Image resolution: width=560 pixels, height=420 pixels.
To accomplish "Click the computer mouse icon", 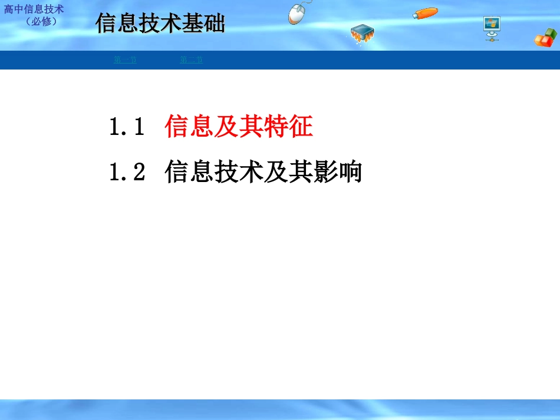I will pyautogui.click(x=299, y=13).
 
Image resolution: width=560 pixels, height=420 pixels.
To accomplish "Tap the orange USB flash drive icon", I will pyautogui.click(x=425, y=13).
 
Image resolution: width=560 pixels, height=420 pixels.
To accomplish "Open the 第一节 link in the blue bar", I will pyautogui.click(x=125, y=60).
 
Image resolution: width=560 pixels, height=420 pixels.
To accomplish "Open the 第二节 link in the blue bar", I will pyautogui.click(x=191, y=60).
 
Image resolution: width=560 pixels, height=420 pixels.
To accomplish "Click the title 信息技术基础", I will pyautogui.click(x=160, y=25).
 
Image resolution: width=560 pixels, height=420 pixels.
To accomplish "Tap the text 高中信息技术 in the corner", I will pyautogui.click(x=34, y=10).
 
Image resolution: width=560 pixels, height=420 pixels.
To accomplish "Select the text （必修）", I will pyautogui.click(x=41, y=22).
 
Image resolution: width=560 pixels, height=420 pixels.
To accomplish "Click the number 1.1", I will pyautogui.click(x=127, y=127).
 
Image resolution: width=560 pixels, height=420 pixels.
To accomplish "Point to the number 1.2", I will pyautogui.click(x=127, y=173).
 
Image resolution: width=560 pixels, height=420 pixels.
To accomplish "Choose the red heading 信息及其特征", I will pyautogui.click(x=239, y=127).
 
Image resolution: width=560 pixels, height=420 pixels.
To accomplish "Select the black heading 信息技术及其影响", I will pyautogui.click(x=263, y=173).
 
